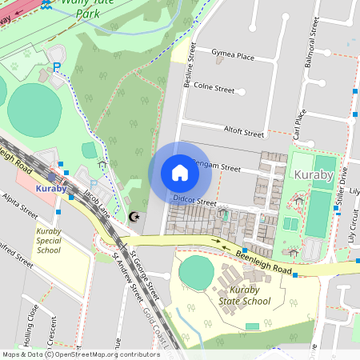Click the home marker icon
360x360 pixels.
pyautogui.click(x=179, y=173)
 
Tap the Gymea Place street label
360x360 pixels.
pyautogui.click(x=233, y=56)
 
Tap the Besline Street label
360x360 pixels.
pyautogui.click(x=190, y=70)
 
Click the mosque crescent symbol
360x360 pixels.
pyautogui.click(x=134, y=216)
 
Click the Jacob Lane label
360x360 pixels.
pyautogui.click(x=97, y=206)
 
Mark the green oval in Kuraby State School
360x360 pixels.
pyautogui.click(x=196, y=273)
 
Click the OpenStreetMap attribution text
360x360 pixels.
pyautogui.click(x=81, y=354)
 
